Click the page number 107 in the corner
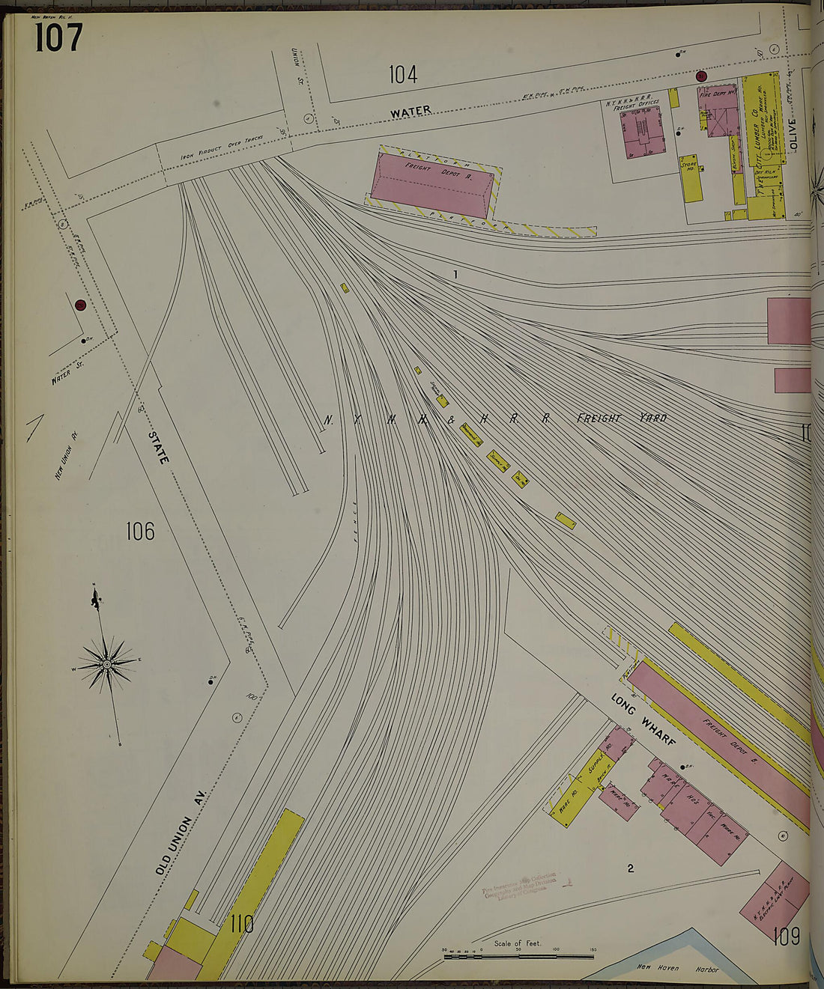click(x=58, y=38)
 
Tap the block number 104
click(x=403, y=74)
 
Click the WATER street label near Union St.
click(x=411, y=111)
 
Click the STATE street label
click(x=159, y=447)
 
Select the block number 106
click(x=140, y=532)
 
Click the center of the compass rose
click(x=106, y=663)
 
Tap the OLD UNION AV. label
click(x=181, y=836)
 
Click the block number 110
click(x=242, y=924)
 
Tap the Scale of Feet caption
click(x=518, y=943)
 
